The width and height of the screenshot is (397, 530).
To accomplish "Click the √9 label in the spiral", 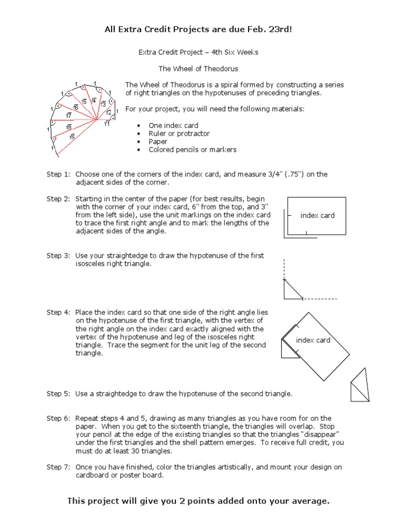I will (72, 137).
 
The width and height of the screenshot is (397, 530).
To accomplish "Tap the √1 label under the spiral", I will (107, 124).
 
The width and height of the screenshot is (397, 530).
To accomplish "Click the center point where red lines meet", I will (97, 121).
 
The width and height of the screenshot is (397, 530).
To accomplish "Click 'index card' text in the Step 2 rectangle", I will (317, 216).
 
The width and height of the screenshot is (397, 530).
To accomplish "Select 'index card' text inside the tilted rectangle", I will (313, 341).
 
